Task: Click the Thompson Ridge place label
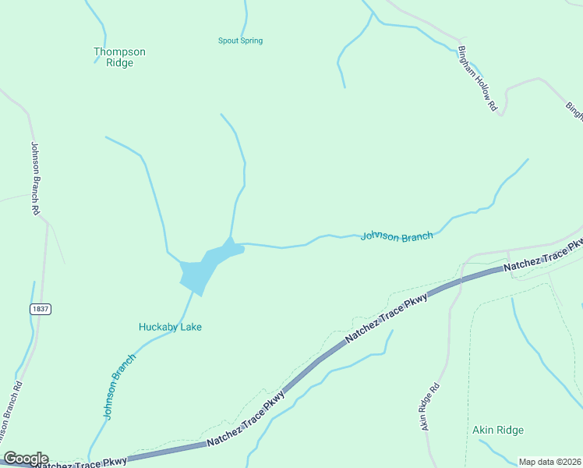click(119, 57)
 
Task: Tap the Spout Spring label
click(240, 41)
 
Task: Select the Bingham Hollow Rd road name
click(477, 76)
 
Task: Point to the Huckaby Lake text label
click(170, 327)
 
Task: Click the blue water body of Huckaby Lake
click(201, 269)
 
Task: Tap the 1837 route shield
click(41, 309)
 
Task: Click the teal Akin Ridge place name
click(498, 430)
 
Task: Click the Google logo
click(26, 459)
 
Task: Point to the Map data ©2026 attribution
click(549, 462)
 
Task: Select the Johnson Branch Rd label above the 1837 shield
click(35, 178)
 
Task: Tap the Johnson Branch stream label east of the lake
click(397, 236)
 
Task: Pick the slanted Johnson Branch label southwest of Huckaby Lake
click(119, 386)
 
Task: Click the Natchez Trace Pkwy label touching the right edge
click(543, 257)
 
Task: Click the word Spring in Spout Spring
click(251, 41)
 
